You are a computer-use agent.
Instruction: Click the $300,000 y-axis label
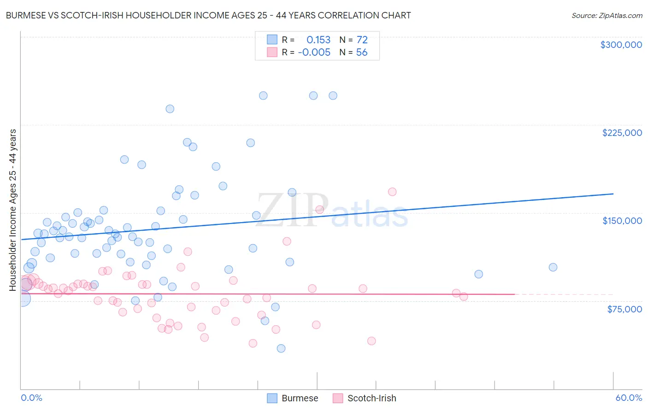[621, 45]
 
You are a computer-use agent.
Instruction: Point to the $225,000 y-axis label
[622, 133]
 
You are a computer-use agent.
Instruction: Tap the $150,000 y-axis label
[622, 221]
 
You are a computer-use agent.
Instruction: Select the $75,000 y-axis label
[624, 309]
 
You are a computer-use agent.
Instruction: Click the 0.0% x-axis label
[31, 398]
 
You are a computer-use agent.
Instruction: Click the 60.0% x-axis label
[629, 398]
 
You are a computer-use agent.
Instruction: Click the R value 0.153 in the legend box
[318, 40]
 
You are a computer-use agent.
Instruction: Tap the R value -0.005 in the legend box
[314, 53]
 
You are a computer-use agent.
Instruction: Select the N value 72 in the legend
[362, 40]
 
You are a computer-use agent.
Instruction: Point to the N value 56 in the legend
[362, 53]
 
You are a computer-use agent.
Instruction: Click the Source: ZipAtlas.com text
[607, 15]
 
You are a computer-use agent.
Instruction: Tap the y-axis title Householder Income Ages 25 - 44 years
[13, 210]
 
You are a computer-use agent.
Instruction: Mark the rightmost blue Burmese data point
[553, 267]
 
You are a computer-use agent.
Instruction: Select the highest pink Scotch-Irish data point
[392, 192]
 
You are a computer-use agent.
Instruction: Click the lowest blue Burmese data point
[281, 348]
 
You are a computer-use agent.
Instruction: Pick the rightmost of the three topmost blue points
[333, 96]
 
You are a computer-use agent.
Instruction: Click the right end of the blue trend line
[613, 194]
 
